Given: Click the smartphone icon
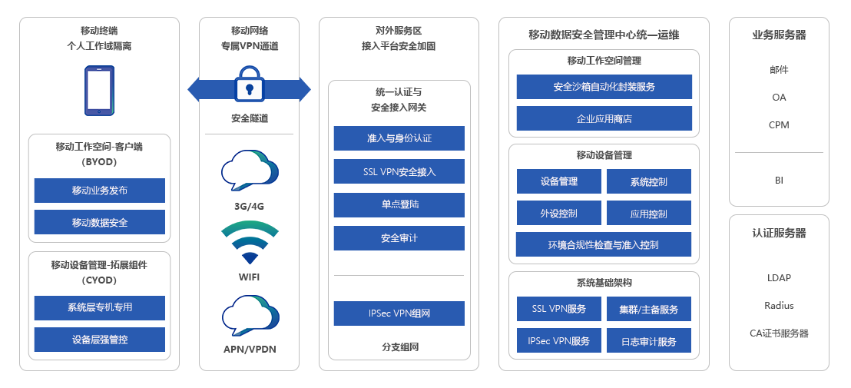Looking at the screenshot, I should tap(99, 91).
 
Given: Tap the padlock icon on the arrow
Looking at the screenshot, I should tap(249, 85).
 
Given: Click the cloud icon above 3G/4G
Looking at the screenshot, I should tap(249, 171).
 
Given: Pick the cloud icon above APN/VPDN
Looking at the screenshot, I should tap(249, 316).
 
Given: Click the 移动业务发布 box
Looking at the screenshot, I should tap(100, 191).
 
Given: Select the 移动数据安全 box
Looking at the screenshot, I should tap(100, 222).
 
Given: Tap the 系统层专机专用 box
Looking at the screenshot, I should tap(100, 307).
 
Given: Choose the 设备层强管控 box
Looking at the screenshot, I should tap(100, 340).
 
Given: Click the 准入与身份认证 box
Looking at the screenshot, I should tap(399, 138).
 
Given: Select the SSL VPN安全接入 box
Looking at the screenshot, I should tap(399, 171).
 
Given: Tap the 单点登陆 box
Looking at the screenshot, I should tap(399, 205).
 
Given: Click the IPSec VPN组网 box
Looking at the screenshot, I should tap(399, 313).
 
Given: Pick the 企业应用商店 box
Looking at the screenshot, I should tap(604, 119).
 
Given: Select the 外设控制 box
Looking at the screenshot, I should tap(558, 213).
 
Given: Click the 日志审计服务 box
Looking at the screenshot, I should tap(648, 341).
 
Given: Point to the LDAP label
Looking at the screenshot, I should tap(779, 278).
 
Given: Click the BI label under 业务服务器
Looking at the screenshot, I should tap(779, 181).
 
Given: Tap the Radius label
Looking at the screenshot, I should tap(779, 306).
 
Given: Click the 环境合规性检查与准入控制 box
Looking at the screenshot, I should tap(604, 245).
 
